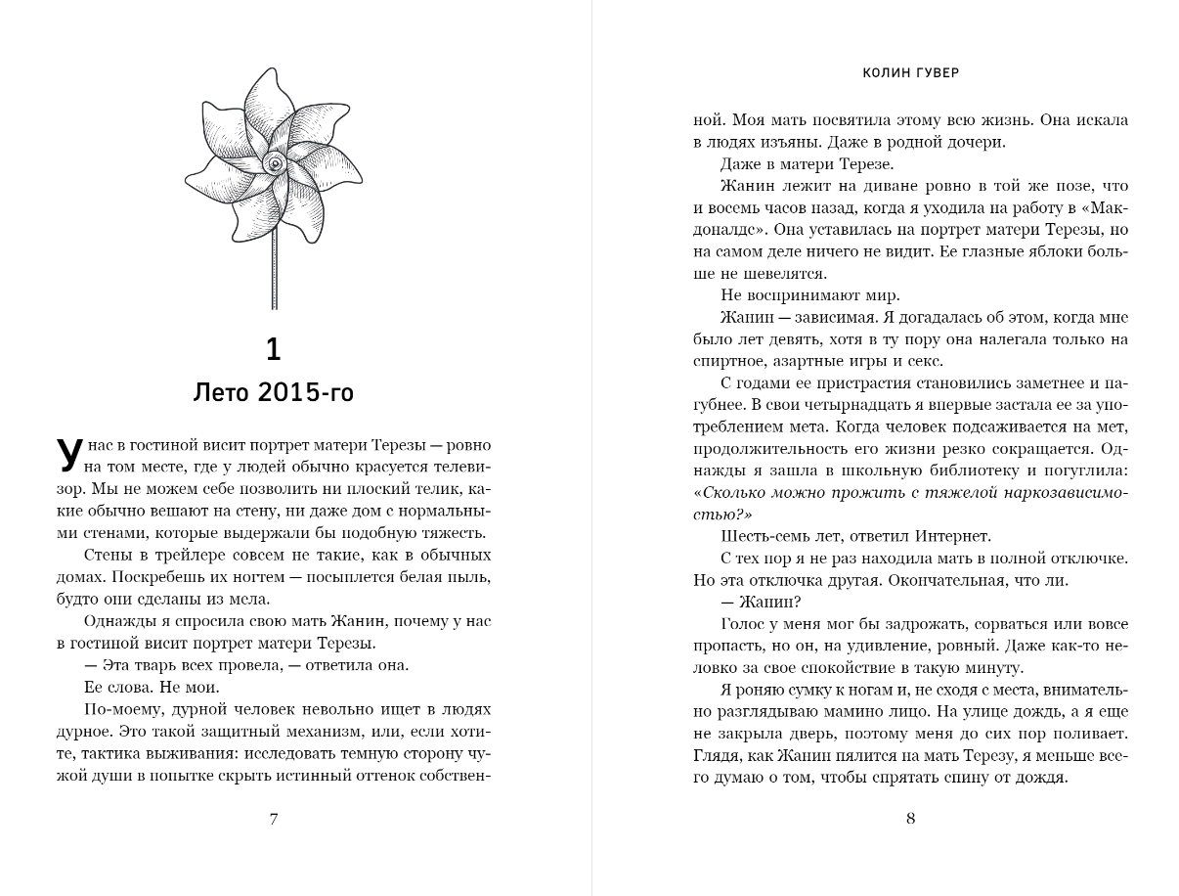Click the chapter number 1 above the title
[274, 348]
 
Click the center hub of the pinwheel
[274, 162]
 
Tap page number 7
[274, 819]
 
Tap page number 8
[910, 819]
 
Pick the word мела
[250, 599]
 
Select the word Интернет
[953, 535]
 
